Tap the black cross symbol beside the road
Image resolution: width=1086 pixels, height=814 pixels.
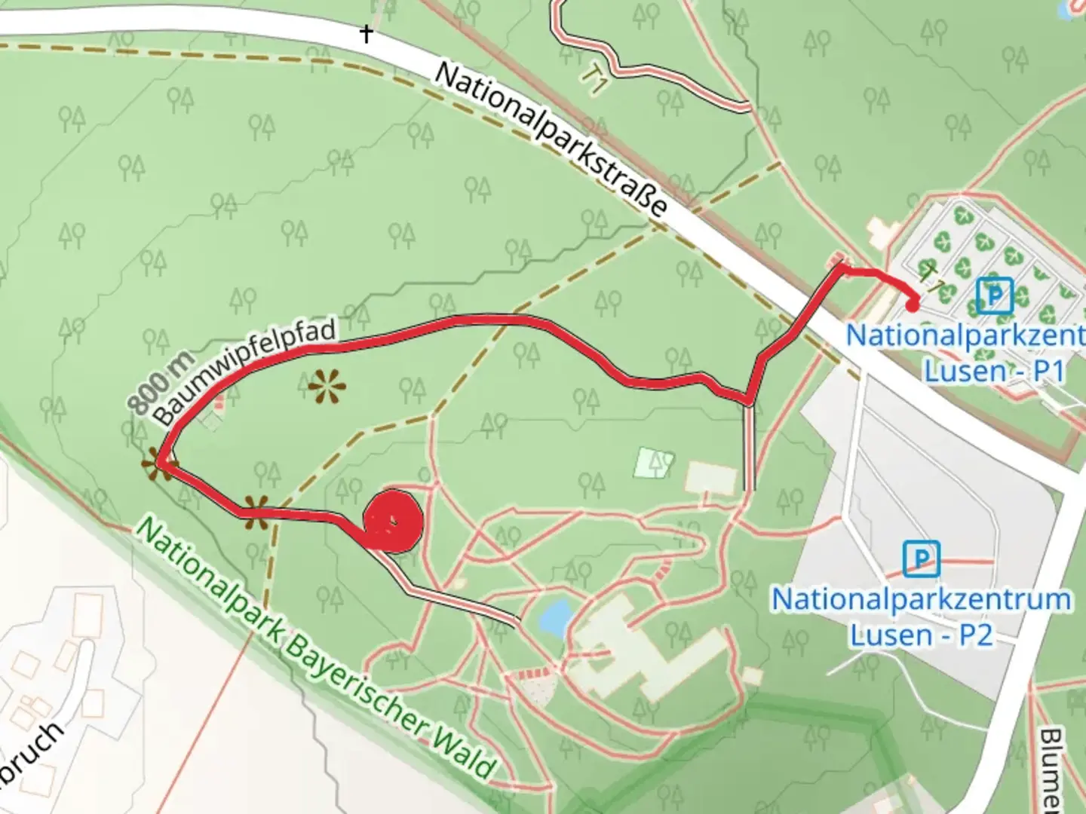(x=367, y=34)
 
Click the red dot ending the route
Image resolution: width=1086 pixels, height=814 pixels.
(x=913, y=305)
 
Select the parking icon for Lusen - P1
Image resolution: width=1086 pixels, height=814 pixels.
(x=995, y=295)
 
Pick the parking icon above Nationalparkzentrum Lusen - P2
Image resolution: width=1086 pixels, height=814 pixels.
(x=921, y=559)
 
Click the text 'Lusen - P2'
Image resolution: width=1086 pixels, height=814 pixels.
(x=921, y=635)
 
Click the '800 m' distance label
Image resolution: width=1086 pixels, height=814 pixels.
(x=160, y=382)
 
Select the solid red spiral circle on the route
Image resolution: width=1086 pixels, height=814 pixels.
(x=392, y=521)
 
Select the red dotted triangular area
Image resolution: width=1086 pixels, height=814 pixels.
(x=537, y=685)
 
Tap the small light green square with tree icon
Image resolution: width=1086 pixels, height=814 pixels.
(x=653, y=463)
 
